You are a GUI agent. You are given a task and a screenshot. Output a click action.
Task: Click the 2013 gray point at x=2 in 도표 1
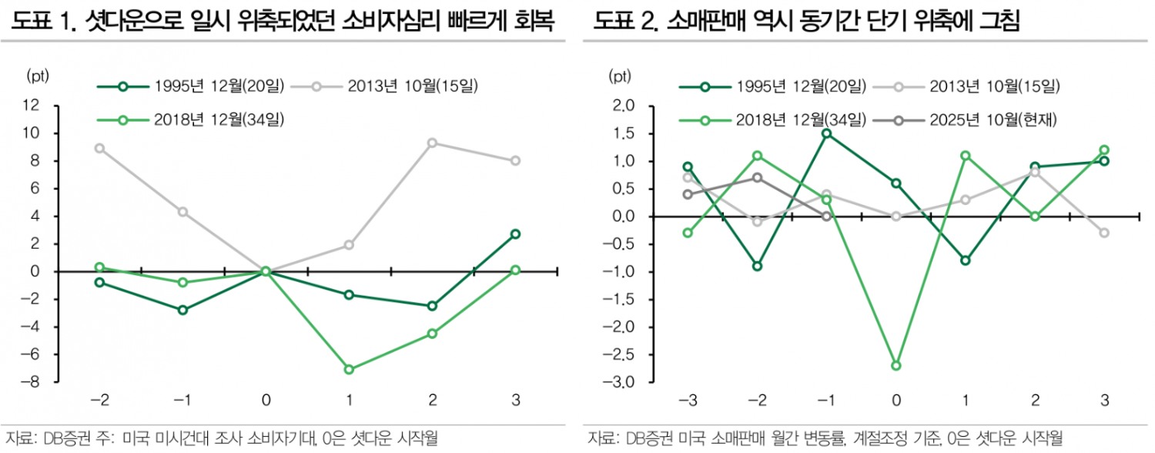click(433, 143)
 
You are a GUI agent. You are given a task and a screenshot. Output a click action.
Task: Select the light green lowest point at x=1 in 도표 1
click(349, 369)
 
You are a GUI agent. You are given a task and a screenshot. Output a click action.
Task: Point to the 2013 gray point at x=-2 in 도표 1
click(99, 148)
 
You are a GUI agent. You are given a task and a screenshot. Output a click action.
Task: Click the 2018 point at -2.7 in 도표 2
click(896, 365)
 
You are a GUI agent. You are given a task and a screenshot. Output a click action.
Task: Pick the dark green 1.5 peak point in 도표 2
click(826, 133)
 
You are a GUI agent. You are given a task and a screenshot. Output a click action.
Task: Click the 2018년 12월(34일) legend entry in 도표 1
click(192, 119)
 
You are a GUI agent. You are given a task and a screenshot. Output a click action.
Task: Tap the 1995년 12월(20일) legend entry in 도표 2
click(773, 85)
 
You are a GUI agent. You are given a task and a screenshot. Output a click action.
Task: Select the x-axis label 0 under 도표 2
click(896, 400)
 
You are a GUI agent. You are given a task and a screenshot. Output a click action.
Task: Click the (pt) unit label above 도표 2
click(620, 75)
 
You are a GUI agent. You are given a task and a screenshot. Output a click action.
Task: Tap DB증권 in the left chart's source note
click(61, 438)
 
